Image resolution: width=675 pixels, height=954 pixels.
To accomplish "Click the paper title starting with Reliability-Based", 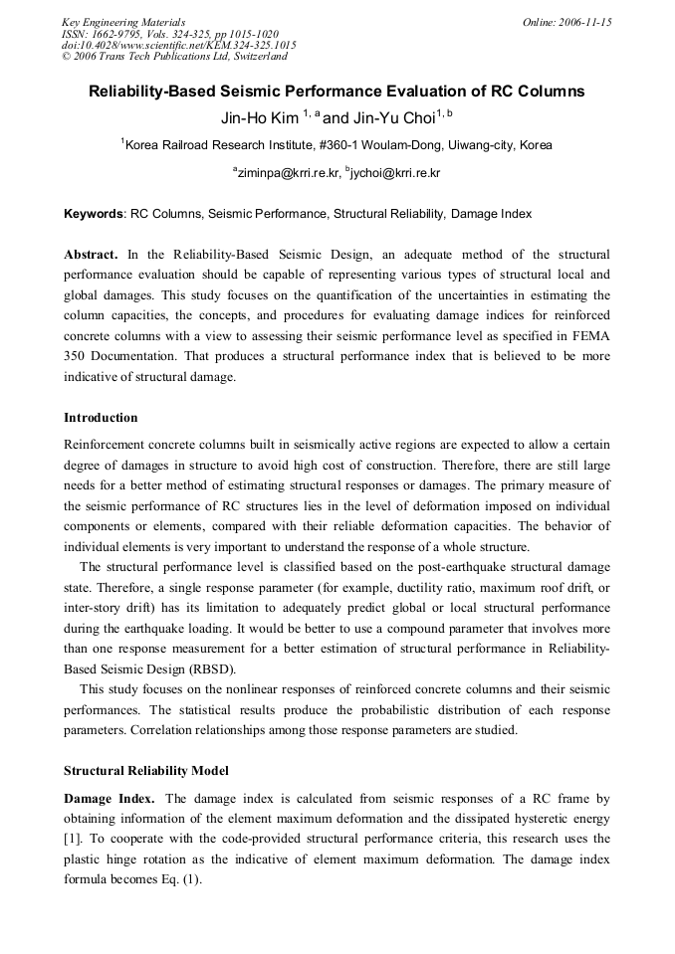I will tap(337, 92).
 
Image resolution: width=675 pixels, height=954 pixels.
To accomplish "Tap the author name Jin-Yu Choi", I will tap(396, 117).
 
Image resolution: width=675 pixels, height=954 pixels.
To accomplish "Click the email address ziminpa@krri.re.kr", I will tap(288, 173).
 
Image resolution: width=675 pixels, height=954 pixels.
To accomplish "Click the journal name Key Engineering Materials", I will tap(123, 22).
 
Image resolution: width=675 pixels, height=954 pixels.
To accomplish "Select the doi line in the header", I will tap(178, 45).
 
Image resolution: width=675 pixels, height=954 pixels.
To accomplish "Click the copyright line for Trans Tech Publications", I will tap(174, 57).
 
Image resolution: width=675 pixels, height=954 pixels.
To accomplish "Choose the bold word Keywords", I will tap(94, 214).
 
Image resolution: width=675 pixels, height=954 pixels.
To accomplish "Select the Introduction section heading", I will tap(101, 417).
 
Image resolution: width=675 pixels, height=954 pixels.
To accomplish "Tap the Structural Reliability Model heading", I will tap(145, 770).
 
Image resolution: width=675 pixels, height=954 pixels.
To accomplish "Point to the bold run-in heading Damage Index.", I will tap(110, 798).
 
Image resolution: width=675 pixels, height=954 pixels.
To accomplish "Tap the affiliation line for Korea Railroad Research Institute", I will tap(337, 145).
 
